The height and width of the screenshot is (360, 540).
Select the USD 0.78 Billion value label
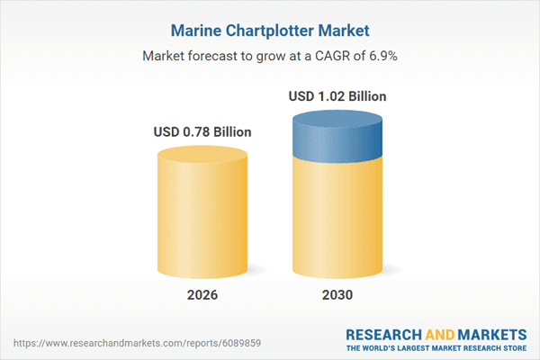(x=202, y=132)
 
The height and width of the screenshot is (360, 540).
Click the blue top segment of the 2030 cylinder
(x=339, y=135)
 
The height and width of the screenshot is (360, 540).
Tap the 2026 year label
(x=202, y=295)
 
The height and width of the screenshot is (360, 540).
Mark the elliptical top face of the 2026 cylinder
(x=202, y=155)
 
